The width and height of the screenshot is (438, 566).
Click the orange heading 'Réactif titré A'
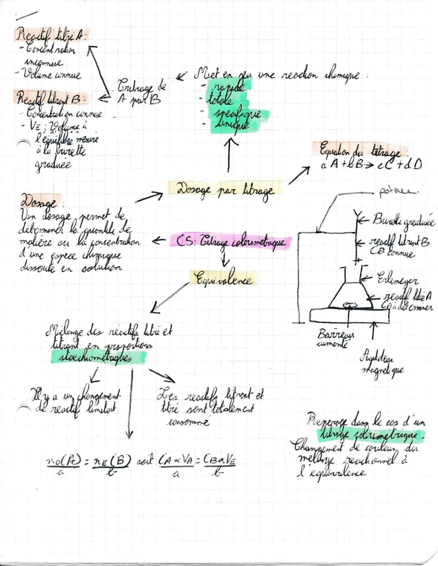(x=51, y=35)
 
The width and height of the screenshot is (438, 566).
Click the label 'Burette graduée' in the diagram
(x=403, y=221)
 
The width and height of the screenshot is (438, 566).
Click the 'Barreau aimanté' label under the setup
(x=335, y=339)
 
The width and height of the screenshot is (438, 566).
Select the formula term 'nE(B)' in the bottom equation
(x=112, y=462)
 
